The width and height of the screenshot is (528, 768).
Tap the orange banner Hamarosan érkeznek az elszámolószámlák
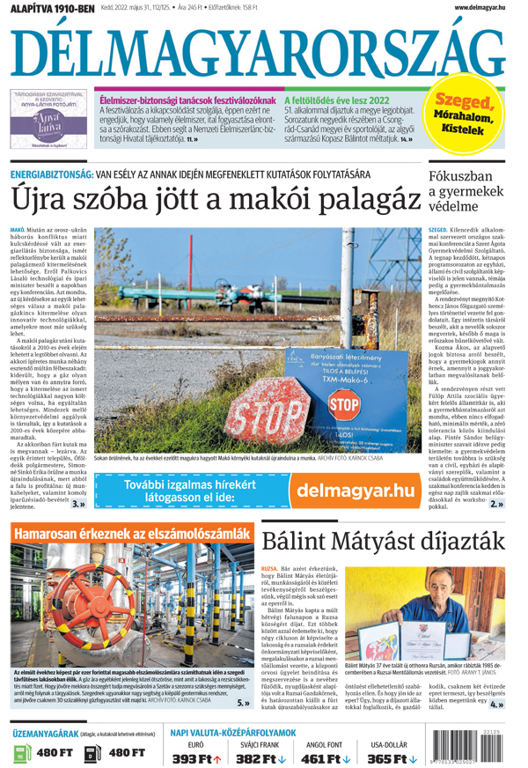[x=130, y=535]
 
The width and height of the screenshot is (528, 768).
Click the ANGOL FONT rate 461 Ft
[x=326, y=757]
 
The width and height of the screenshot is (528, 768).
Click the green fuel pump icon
[x=23, y=753]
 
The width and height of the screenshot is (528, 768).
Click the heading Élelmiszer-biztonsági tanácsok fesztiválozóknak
[x=186, y=100]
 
